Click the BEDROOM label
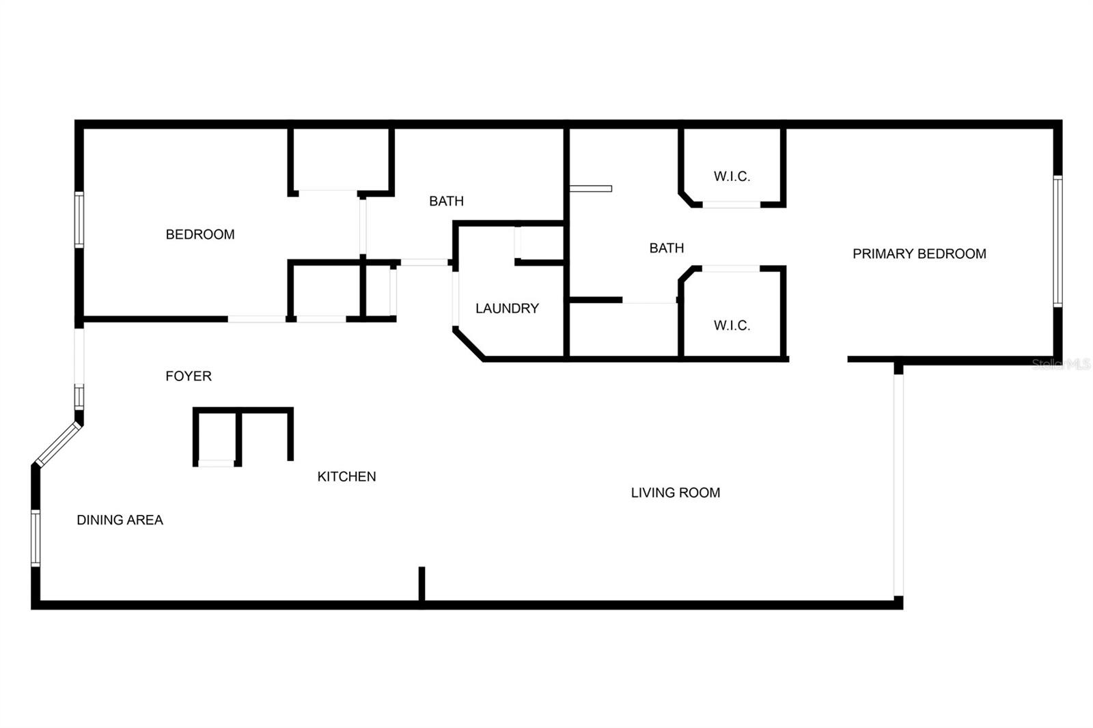200,235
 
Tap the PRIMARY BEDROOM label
919,254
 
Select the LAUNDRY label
507,309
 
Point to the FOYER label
189,376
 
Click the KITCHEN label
346,477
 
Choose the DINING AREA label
120,520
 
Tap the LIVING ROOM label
676,493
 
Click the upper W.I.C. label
732,177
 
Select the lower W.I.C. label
732,326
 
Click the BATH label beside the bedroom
447,201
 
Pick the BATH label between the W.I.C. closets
667,249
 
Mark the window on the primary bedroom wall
1057,242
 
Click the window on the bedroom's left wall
79,220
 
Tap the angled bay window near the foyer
58,443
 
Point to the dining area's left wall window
36,538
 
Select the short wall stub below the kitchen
422,584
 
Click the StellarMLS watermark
1062,365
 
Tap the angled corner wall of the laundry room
469,344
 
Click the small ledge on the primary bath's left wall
591,189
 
